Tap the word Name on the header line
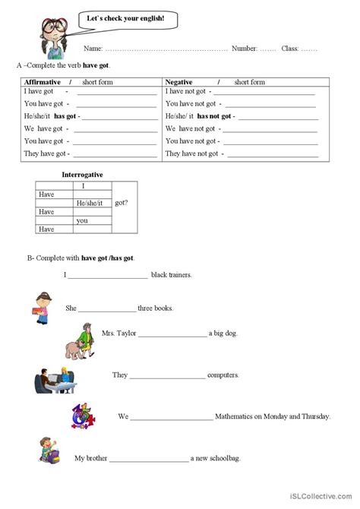click(x=94, y=49)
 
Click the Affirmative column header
click(x=43, y=81)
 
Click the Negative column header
click(x=179, y=81)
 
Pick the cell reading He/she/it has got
click(x=52, y=115)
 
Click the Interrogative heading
click(x=82, y=175)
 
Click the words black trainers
click(x=172, y=274)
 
